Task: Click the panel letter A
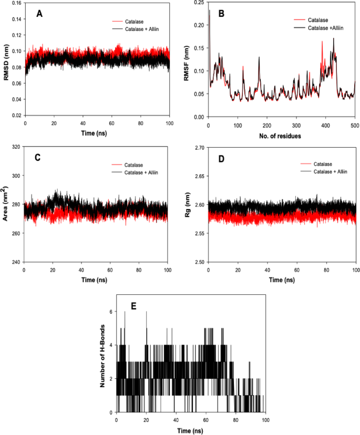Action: coord(39,14)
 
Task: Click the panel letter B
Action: coord(222,14)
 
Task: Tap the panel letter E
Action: coord(133,306)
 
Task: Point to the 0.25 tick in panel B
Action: coord(200,3)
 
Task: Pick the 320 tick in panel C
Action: coord(16,148)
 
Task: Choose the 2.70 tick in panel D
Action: coord(200,148)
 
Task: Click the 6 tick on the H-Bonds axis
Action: coord(111,312)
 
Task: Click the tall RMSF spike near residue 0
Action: coord(209,12)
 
